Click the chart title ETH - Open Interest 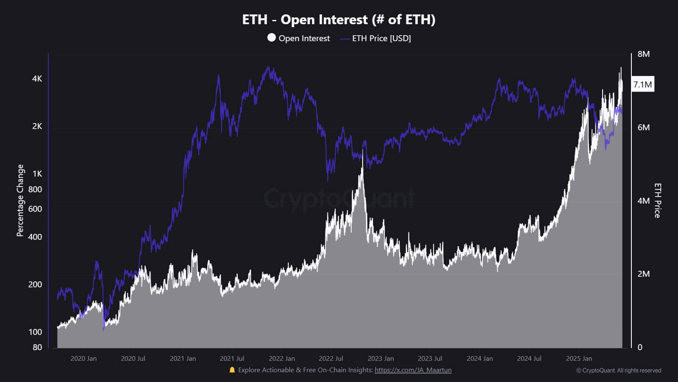(339, 20)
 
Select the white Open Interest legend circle (272, 38)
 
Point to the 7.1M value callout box (642, 84)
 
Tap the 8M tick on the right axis (643, 54)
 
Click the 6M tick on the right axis (643, 127)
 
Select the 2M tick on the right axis (643, 274)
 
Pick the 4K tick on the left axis (37, 79)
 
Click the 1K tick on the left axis (37, 174)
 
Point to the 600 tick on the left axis (35, 209)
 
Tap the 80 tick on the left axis (37, 347)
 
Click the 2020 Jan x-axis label (83, 359)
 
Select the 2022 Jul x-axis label (331, 359)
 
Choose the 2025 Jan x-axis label (579, 359)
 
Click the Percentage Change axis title (20, 200)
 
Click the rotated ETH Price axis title (657, 200)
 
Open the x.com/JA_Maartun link (413, 370)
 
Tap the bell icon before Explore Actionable (232, 370)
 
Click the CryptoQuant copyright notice (618, 371)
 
